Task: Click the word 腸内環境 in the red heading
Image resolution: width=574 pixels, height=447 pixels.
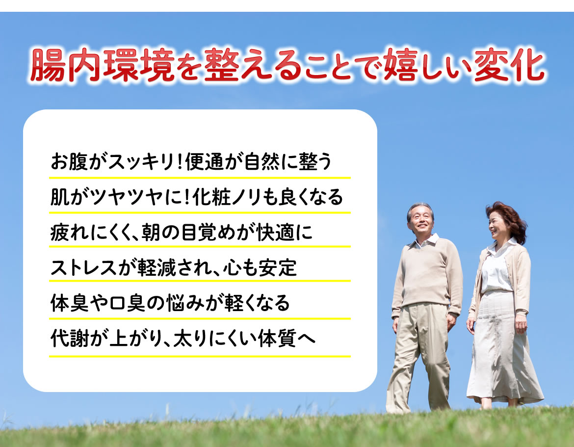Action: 102,65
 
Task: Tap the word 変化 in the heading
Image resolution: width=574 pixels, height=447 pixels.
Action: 509,65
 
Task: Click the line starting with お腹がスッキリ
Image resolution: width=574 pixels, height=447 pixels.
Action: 191,161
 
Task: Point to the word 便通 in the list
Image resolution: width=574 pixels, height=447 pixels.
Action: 204,161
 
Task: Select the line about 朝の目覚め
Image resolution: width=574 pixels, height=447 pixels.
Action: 182,232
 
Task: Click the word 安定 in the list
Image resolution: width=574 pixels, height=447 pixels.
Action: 278,267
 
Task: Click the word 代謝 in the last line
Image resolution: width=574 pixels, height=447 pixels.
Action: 70,338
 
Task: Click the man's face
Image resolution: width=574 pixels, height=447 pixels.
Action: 421,220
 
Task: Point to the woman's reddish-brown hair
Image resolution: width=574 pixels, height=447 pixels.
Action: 511,220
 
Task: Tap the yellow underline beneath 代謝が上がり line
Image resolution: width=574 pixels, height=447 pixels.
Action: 200,356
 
